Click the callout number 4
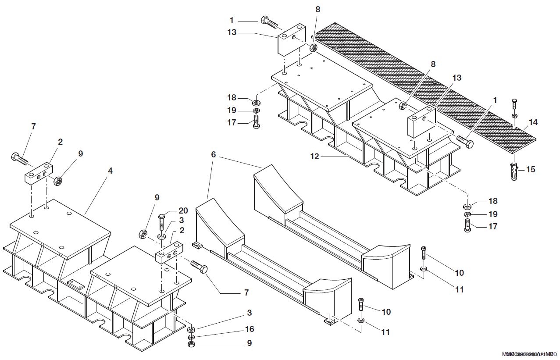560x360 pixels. [110, 171]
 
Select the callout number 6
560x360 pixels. [214, 154]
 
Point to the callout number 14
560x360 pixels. [533, 122]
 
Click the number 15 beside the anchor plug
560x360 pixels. [531, 169]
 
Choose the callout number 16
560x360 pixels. [249, 329]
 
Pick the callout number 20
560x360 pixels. [183, 210]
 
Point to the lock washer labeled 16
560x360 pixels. [192, 337]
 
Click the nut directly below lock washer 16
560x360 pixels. [191, 345]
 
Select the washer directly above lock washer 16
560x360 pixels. [192, 329]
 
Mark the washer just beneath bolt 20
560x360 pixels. [161, 237]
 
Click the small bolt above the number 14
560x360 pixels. [515, 105]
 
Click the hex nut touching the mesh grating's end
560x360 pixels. [313, 48]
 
